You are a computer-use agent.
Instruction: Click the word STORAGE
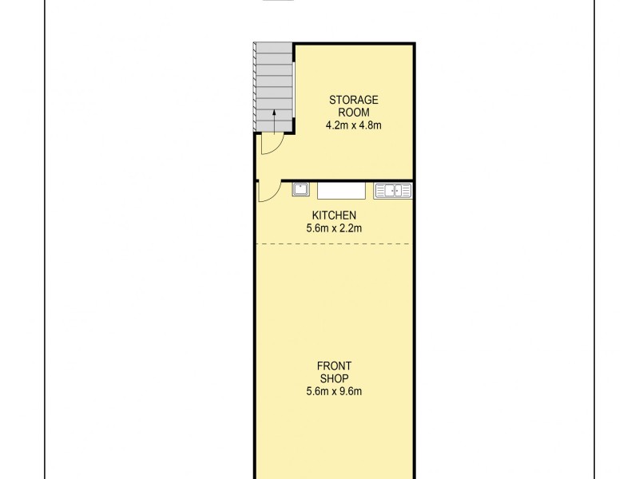(x=352, y=100)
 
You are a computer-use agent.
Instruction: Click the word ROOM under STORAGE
(x=352, y=113)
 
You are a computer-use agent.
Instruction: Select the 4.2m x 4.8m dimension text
(x=352, y=125)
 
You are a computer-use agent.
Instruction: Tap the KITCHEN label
(x=334, y=216)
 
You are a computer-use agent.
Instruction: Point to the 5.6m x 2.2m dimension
(x=334, y=228)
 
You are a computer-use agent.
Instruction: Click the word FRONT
(x=334, y=366)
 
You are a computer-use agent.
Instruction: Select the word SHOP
(x=334, y=378)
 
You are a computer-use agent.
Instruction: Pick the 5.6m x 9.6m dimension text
(x=334, y=391)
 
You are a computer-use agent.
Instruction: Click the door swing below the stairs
(x=270, y=144)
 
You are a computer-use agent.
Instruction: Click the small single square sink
(x=301, y=190)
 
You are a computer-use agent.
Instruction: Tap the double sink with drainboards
(x=392, y=191)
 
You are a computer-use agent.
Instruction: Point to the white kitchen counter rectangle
(x=341, y=191)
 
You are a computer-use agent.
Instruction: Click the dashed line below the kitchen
(x=334, y=243)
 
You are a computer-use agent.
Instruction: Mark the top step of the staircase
(x=275, y=47)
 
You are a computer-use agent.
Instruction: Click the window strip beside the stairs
(x=294, y=88)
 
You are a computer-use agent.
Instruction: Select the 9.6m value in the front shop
(x=351, y=391)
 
